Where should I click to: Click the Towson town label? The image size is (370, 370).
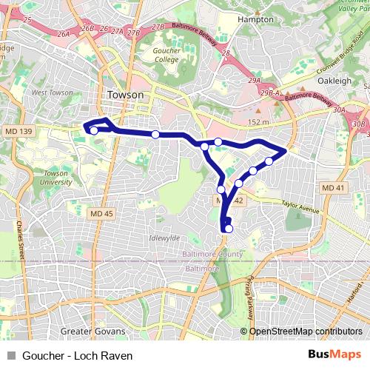coord(125,95)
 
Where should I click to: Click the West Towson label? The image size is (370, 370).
coord(51,93)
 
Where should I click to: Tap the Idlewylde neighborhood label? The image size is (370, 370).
coord(164,238)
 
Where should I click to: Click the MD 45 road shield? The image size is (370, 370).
coord(101,214)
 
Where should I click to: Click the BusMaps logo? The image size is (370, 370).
coord(335,354)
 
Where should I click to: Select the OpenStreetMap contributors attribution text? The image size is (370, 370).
coord(306,332)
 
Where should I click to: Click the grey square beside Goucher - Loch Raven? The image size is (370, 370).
coord(10,355)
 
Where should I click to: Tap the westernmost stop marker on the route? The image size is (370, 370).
coord(94,131)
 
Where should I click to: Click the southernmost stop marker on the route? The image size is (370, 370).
coord(229,228)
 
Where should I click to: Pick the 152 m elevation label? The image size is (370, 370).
coord(259,122)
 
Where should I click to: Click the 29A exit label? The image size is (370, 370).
coord(255,79)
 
